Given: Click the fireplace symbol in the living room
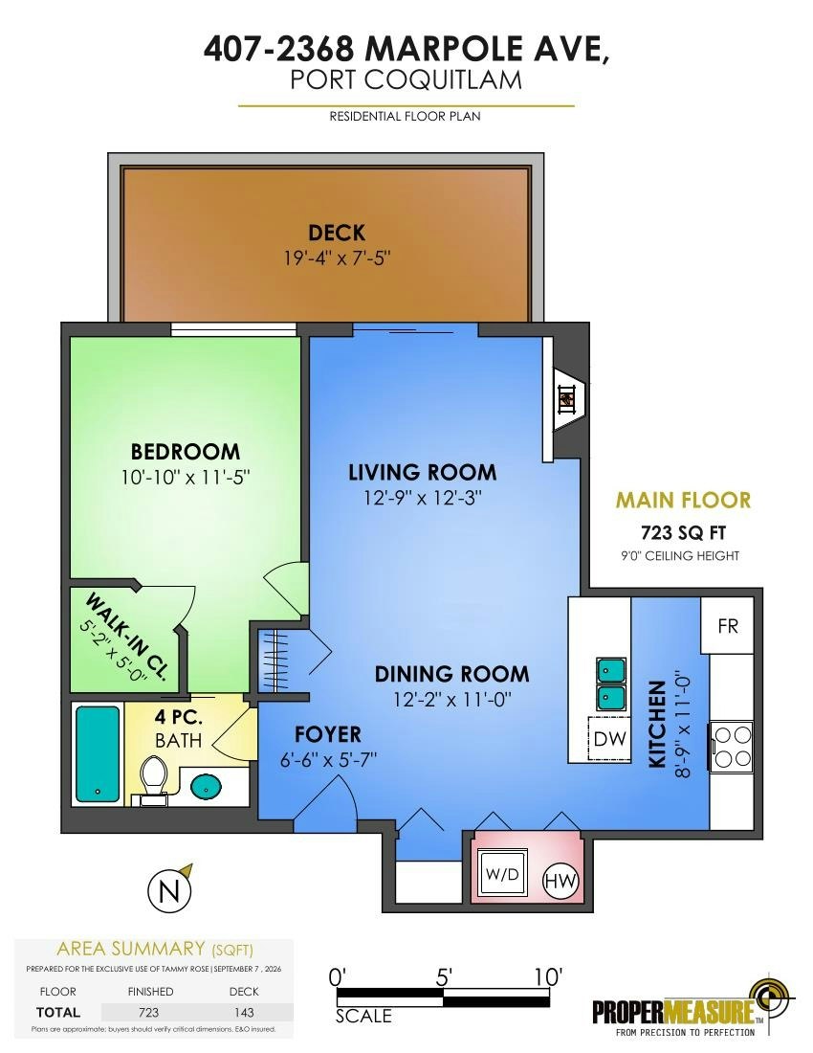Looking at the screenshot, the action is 567,400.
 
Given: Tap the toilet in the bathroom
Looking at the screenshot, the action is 154,779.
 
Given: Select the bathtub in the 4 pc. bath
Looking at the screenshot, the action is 98,752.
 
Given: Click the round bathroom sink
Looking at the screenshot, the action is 207,786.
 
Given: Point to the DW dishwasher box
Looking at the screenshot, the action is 609,738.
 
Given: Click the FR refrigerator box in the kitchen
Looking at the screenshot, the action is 728,626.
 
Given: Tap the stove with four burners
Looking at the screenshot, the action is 732,747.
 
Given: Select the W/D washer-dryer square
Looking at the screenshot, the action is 502,875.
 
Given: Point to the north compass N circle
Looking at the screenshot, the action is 169,893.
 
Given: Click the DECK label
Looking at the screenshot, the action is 337,233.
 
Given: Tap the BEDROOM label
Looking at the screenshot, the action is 186,451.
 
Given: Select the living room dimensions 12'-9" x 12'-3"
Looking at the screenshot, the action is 423,499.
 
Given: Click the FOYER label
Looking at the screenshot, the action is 328,734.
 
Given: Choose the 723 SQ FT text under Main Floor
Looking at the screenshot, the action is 684,532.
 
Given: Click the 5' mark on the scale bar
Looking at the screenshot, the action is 444,977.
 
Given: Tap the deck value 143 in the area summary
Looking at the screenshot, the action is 244,1012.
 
